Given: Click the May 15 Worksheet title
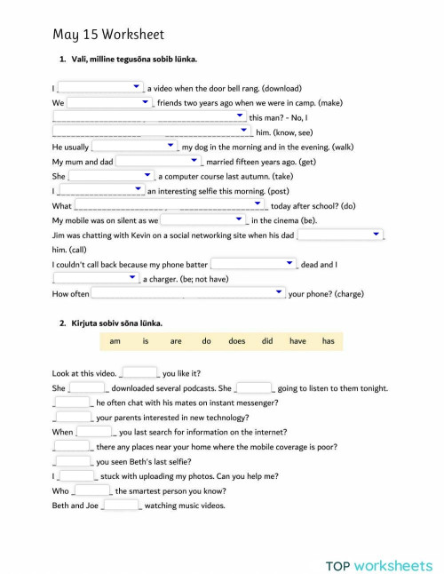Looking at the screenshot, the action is (x=108, y=35).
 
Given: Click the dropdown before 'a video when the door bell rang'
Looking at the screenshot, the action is (x=100, y=87).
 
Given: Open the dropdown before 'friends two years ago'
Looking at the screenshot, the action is (x=110, y=102).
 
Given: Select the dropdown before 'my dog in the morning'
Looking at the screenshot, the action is (x=134, y=146).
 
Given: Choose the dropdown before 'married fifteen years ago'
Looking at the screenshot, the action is (x=159, y=161).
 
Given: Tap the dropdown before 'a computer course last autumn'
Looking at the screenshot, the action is (x=111, y=176).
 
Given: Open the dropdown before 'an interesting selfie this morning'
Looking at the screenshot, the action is (x=100, y=190).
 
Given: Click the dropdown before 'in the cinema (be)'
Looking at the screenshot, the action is (x=202, y=219).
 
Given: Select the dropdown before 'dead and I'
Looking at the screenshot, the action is (x=253, y=264).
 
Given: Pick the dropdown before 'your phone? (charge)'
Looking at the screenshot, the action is (x=188, y=292).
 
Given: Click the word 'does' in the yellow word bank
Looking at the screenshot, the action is (x=236, y=341).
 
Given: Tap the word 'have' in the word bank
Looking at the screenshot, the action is (x=297, y=341).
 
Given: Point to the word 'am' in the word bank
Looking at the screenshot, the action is (x=115, y=341).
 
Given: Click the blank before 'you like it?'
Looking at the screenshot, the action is (x=139, y=373).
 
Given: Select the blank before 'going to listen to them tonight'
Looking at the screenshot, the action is (x=255, y=387).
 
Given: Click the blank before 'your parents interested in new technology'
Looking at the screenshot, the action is (x=74, y=417).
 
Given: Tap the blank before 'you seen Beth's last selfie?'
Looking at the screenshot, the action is (x=74, y=461).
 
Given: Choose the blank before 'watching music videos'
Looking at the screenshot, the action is (x=122, y=505).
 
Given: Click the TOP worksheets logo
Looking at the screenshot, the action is (x=378, y=540).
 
